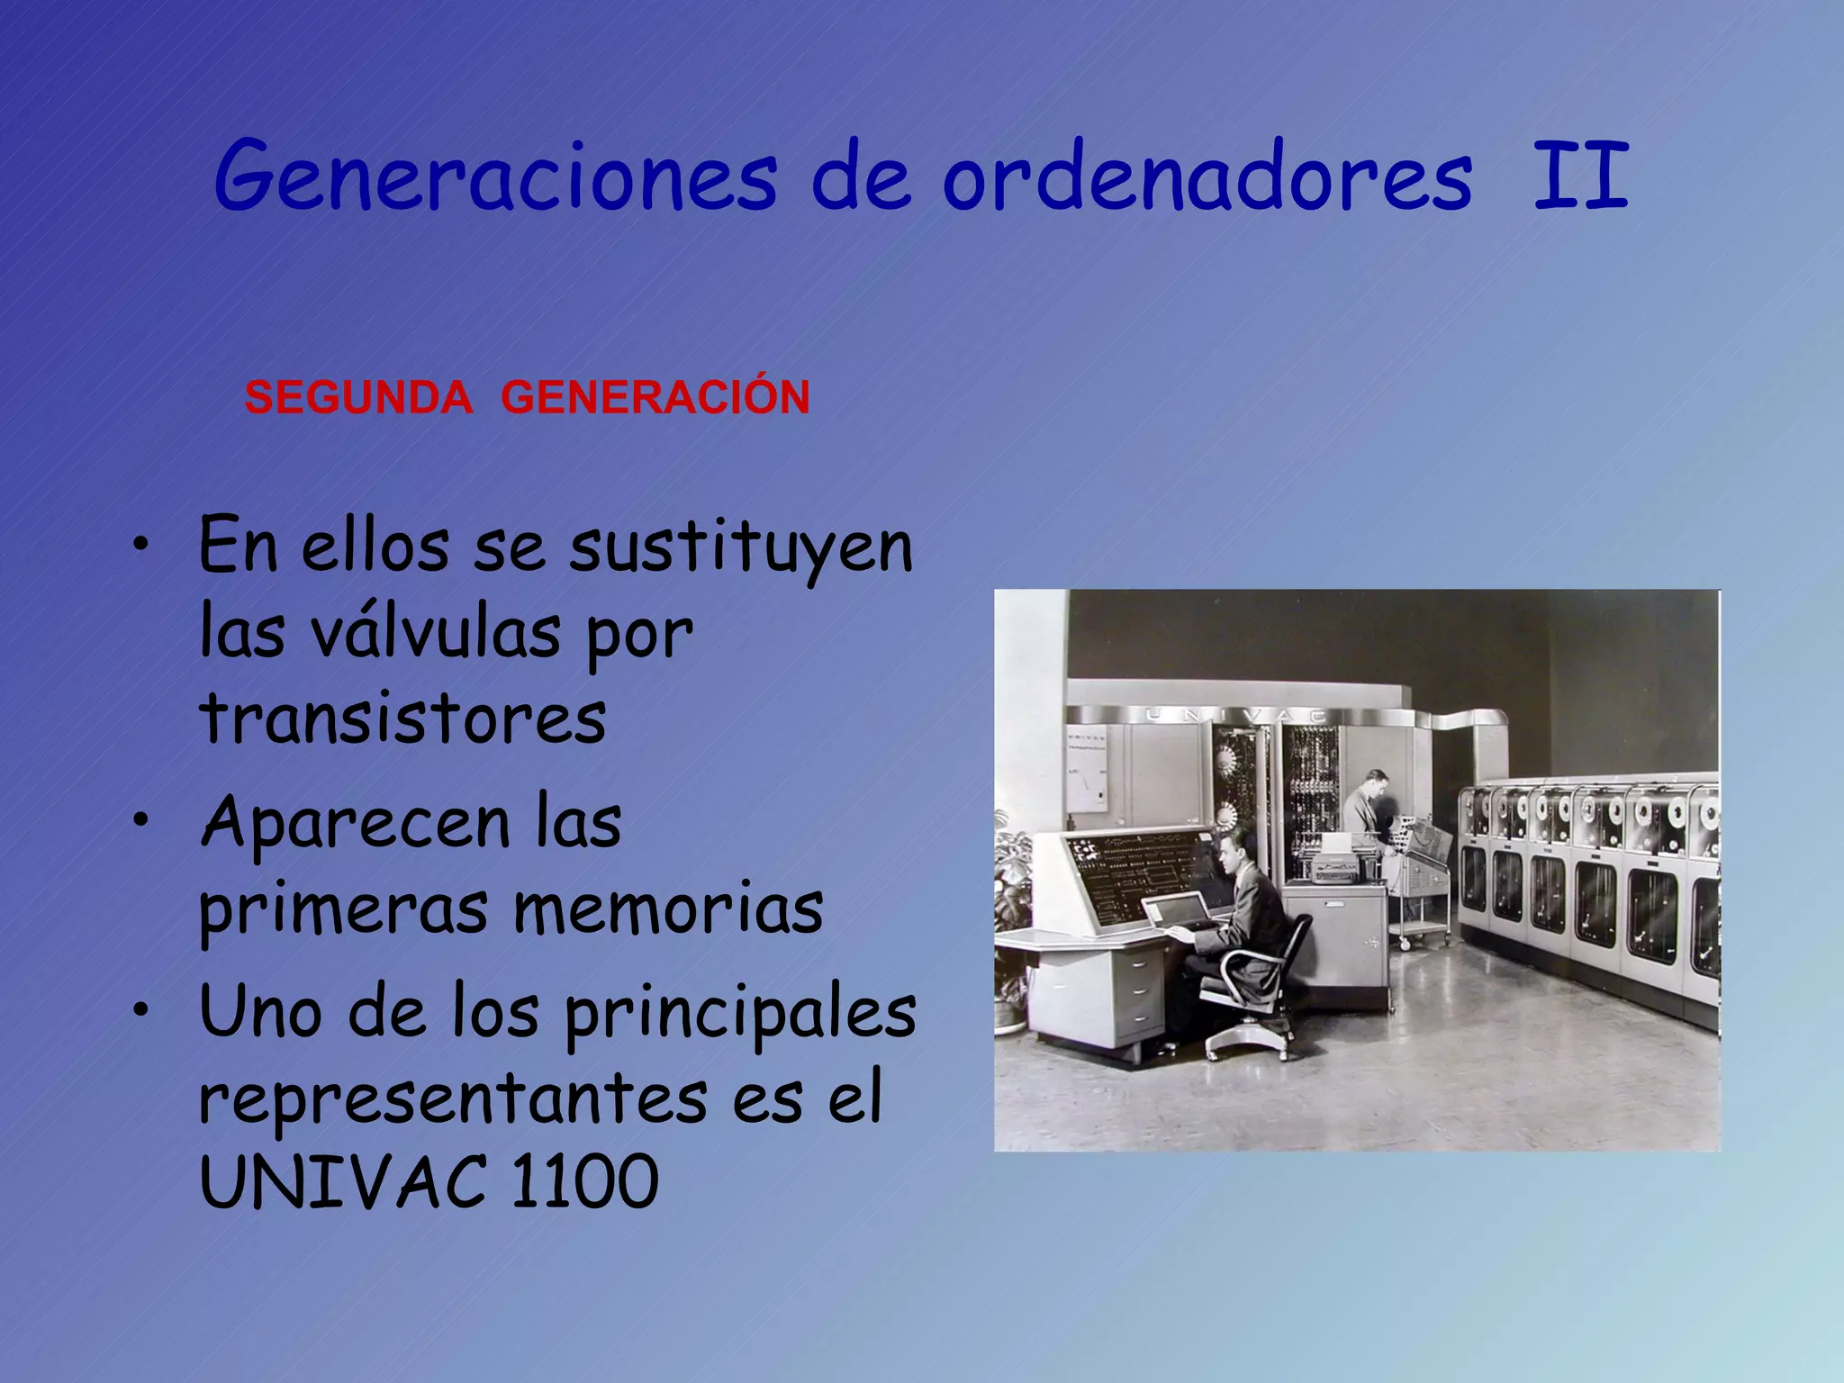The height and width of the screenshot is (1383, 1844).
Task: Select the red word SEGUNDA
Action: (x=358, y=398)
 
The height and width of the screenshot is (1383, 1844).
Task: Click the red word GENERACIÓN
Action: (x=655, y=396)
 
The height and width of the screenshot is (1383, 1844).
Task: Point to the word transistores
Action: (x=402, y=719)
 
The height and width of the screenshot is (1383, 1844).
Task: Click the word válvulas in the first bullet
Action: (x=436, y=632)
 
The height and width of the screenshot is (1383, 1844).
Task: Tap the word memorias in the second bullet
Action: (x=668, y=909)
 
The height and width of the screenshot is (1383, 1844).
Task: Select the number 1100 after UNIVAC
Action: (x=584, y=1181)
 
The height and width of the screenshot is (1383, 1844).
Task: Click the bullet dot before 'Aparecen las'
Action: (x=140, y=820)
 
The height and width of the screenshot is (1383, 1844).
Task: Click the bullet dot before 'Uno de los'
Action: (x=140, y=1011)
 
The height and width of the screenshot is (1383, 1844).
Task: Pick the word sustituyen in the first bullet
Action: (x=741, y=547)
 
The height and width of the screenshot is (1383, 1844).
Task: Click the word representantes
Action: (x=453, y=1098)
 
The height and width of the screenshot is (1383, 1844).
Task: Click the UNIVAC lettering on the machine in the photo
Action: (x=1236, y=715)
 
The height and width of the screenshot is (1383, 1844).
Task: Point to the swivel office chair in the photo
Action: (x=1261, y=990)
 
